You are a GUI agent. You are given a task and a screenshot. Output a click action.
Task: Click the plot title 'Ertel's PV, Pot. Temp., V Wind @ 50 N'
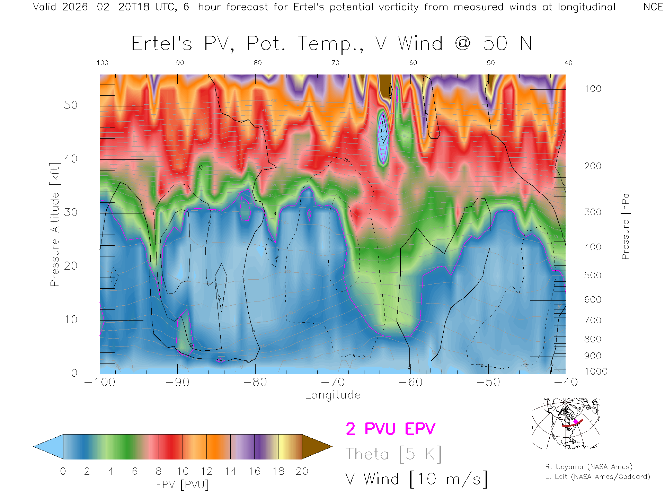[332, 44]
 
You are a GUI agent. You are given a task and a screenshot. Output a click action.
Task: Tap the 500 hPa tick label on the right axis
[593, 275]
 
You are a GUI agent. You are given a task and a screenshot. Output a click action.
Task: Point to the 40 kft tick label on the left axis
[71, 159]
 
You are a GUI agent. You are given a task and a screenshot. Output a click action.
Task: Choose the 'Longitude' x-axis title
[332, 395]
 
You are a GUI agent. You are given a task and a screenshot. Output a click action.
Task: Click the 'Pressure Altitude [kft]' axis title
[55, 224]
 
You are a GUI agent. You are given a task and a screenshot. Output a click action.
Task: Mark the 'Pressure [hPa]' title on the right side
[625, 224]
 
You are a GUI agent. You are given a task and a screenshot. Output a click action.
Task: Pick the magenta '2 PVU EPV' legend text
[390, 429]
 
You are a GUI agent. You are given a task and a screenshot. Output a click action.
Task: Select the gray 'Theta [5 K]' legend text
[393, 454]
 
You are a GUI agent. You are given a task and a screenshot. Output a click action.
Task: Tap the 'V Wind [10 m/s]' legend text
[417, 479]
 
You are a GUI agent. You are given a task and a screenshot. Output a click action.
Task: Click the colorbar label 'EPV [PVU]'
[183, 485]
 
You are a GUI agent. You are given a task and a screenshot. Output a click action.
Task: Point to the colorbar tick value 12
[206, 471]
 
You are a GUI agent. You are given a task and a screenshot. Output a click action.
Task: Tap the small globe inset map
[566, 423]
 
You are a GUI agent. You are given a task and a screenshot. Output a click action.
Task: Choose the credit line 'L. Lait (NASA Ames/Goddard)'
[597, 477]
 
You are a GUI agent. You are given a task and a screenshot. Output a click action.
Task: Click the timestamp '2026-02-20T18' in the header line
[106, 7]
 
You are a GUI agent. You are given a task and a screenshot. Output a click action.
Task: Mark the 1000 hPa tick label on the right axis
[596, 371]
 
